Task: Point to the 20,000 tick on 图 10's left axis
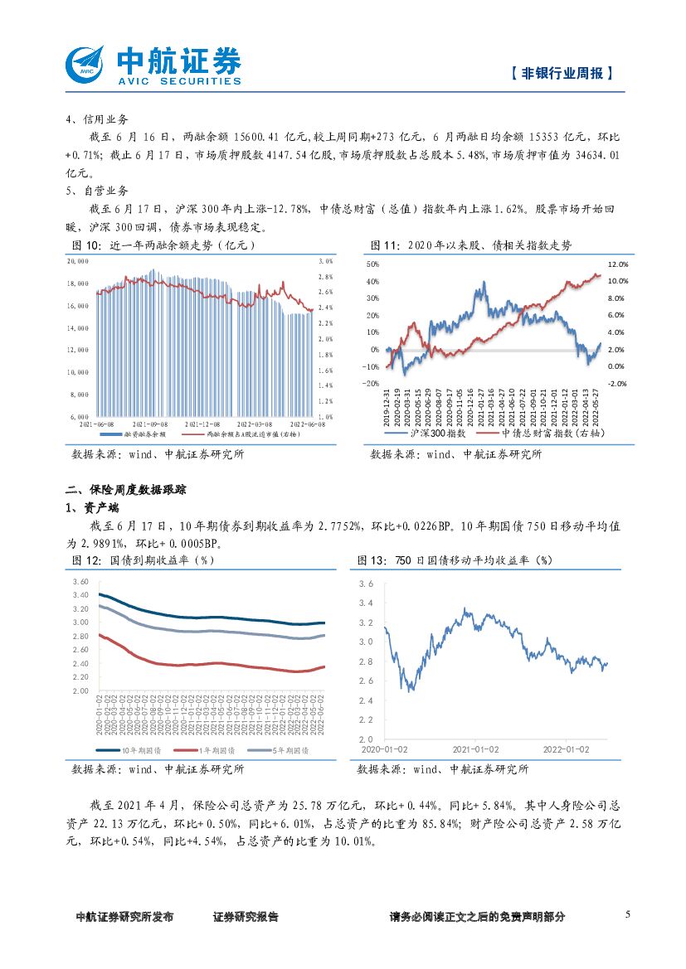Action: pyautogui.click(x=78, y=260)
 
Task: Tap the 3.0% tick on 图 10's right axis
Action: pyautogui.click(x=325, y=260)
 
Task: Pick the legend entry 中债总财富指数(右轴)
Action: pyautogui.click(x=539, y=434)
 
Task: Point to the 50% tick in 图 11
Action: pyautogui.click(x=372, y=264)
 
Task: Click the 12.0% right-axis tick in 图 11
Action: pyautogui.click(x=618, y=264)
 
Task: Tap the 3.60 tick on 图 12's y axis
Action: pyautogui.click(x=80, y=581)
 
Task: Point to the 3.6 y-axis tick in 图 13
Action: pyautogui.click(x=366, y=584)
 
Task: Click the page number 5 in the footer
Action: pyautogui.click(x=628, y=914)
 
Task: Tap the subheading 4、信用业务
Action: pyautogui.click(x=97, y=119)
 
